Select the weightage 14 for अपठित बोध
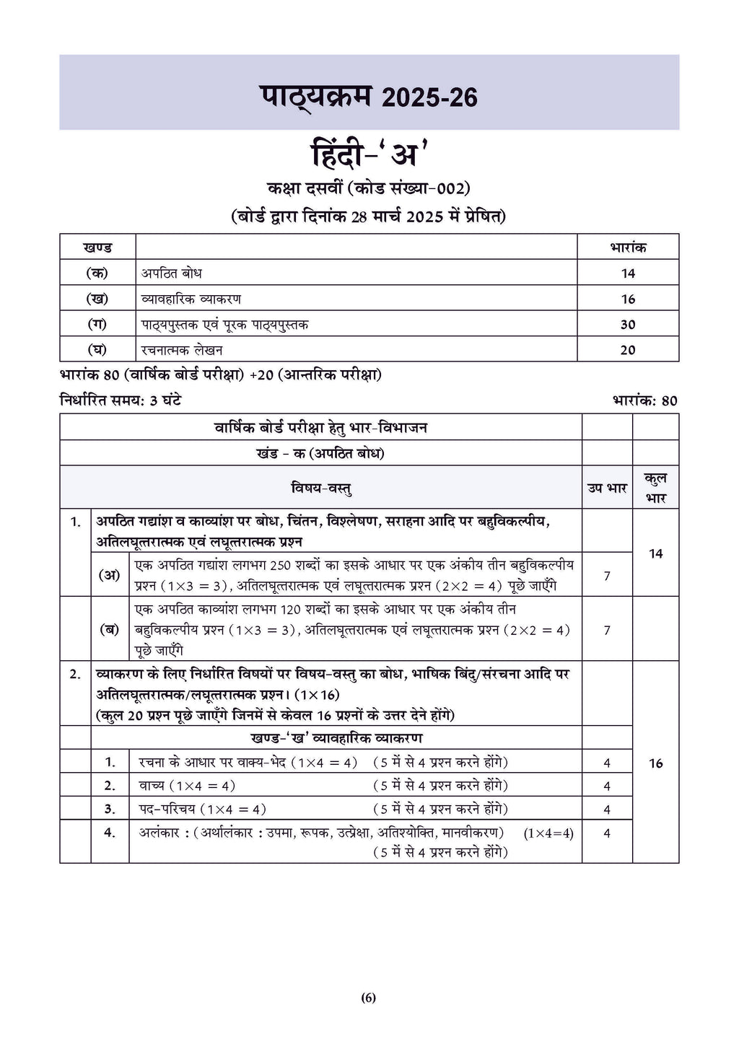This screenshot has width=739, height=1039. point(628,273)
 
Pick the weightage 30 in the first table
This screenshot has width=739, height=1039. point(628,325)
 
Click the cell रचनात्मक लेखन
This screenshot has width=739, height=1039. point(182,350)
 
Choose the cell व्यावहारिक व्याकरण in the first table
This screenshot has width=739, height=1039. point(191,299)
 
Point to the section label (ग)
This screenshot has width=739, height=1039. point(97,325)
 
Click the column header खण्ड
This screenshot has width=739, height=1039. point(97,247)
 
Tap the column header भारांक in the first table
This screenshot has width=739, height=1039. point(628,247)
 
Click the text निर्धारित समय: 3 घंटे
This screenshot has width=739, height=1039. point(121,400)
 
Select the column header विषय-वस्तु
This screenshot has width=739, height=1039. point(320,488)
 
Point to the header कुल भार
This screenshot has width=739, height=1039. point(655,488)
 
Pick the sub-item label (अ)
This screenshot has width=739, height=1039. point(110,575)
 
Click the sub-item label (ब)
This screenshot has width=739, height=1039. point(110,629)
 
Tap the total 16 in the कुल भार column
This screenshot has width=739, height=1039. point(655,763)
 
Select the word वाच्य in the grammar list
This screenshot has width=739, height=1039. point(152,786)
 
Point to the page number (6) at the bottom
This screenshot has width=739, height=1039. point(369,999)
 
